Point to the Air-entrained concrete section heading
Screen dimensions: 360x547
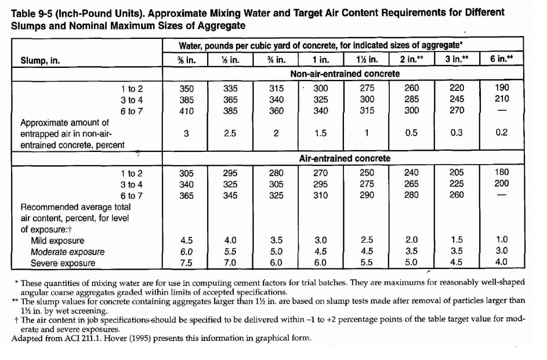345,158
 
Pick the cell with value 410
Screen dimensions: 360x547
186,111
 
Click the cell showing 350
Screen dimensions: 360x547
186,88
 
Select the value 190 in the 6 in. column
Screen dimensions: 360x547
502,88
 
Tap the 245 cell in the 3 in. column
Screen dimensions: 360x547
457,99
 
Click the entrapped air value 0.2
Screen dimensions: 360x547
502,133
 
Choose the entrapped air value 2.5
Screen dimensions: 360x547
230,133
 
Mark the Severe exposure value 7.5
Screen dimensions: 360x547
186,263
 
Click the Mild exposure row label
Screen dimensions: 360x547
57,241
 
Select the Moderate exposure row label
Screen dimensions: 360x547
68,252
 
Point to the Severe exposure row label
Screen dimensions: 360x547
63,263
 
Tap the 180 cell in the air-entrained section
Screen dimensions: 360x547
502,173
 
